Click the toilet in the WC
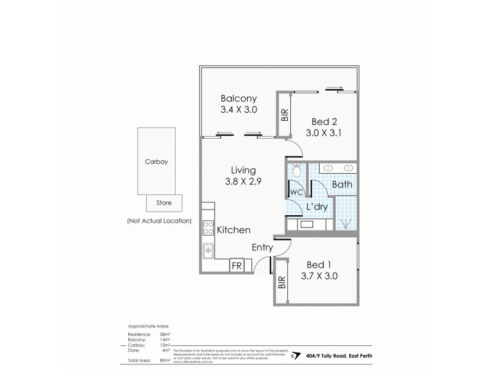[x=296, y=170]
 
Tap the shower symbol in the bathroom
[x=345, y=224]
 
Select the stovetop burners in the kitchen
[x=208, y=228]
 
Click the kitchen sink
[x=208, y=251]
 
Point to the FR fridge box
[x=237, y=266]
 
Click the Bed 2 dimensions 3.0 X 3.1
[x=324, y=132]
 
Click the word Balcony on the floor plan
[x=238, y=98]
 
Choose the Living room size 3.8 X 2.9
[x=243, y=181]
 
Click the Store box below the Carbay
[x=163, y=202]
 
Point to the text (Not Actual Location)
[x=159, y=220]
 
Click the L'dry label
[x=316, y=207]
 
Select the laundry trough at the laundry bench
[x=307, y=224]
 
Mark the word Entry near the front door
[x=263, y=247]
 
